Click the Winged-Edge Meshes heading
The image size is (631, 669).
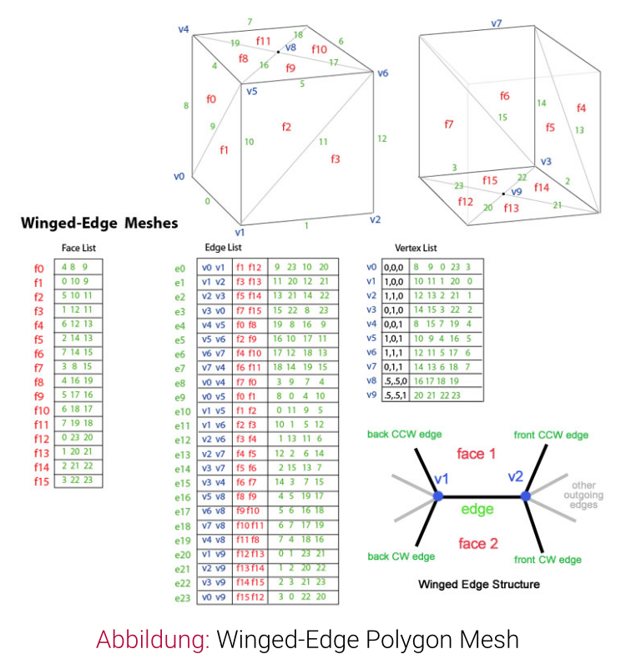click(99, 224)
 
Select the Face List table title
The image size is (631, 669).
click(78, 248)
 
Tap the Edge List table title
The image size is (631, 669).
click(223, 248)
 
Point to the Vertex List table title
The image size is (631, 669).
click(416, 248)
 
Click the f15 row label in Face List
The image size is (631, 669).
click(42, 481)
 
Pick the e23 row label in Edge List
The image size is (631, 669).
click(182, 598)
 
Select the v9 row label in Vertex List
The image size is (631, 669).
click(371, 395)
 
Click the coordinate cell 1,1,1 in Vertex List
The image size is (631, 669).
click(393, 353)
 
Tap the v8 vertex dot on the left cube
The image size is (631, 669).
click(278, 52)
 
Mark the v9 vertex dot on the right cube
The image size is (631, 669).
click(503, 194)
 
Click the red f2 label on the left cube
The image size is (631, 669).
click(286, 127)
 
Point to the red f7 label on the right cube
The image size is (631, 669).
click(448, 124)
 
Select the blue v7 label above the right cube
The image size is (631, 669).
click(496, 23)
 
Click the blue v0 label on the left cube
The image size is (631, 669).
click(179, 176)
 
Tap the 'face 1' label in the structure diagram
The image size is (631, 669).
click(476, 454)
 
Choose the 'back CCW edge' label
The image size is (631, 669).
click(404, 435)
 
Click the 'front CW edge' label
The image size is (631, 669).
click(548, 560)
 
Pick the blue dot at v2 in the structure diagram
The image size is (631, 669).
click(526, 495)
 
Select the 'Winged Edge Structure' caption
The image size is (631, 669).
click(479, 584)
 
